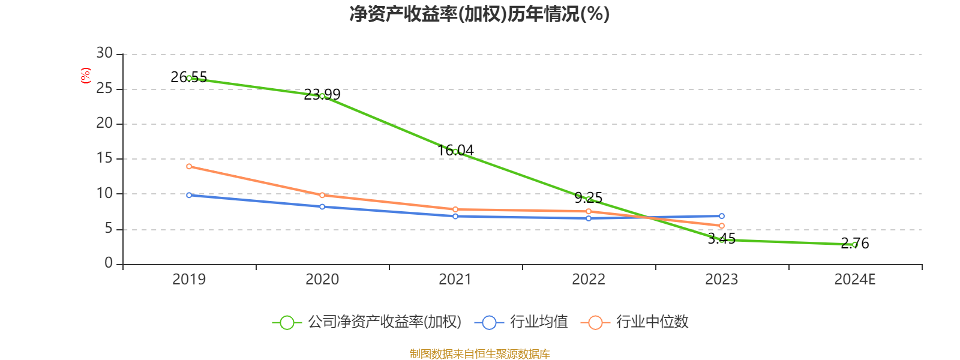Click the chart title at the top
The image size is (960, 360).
pyautogui.click(x=479, y=14)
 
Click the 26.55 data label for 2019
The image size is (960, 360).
pyautogui.click(x=188, y=77)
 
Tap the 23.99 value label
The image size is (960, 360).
pyautogui.click(x=322, y=94)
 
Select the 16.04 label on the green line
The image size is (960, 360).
pyautogui.click(x=455, y=151)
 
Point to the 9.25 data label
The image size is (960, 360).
pyautogui.click(x=589, y=198)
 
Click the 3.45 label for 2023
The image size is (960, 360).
pyautogui.click(x=722, y=239)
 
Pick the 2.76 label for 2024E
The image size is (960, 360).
pyautogui.click(x=855, y=244)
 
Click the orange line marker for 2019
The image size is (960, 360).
pyautogui.click(x=189, y=166)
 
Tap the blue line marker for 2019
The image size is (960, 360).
pyautogui.click(x=189, y=195)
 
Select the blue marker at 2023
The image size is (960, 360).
pyautogui.click(x=722, y=216)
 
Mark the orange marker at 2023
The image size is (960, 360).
pyautogui.click(x=722, y=226)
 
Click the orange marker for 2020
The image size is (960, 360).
pyautogui.click(x=322, y=195)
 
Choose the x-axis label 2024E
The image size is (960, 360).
pyautogui.click(x=854, y=280)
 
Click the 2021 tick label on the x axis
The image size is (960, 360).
pyautogui.click(x=455, y=280)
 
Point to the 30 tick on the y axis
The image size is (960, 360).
pyautogui.click(x=104, y=53)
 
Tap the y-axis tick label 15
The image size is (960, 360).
pyautogui.click(x=104, y=158)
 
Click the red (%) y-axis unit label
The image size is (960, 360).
pyautogui.click(x=86, y=76)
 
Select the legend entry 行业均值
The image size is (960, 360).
pyautogui.click(x=521, y=322)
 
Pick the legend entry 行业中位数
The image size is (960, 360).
pyautogui.click(x=634, y=322)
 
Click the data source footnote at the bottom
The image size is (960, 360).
pyautogui.click(x=479, y=353)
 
